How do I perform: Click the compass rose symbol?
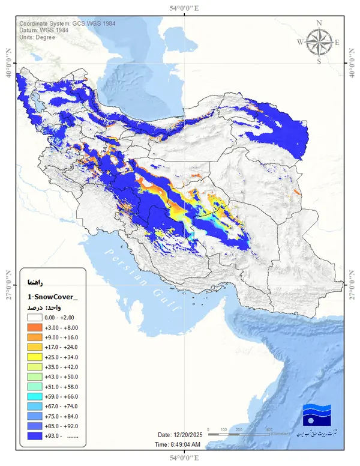319,42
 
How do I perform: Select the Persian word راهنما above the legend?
34,281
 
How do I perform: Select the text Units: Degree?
38,37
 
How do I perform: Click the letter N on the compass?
319,23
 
